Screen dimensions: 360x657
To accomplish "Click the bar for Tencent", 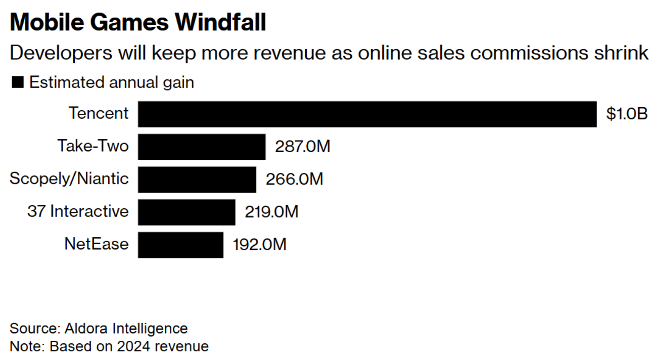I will click(367, 114).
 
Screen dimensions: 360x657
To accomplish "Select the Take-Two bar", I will click(202, 147).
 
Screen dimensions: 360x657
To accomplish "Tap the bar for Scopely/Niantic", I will click(197, 179).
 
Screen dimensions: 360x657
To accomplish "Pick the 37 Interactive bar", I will click(186, 212).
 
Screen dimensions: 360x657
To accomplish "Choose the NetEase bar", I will click(180, 245).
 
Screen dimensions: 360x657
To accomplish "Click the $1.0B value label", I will click(627, 114).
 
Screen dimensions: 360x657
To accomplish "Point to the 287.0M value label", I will click(302, 147).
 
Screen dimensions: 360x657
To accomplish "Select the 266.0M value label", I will click(294, 179).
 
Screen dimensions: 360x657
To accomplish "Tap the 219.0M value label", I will click(271, 212).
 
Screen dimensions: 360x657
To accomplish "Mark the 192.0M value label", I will click(259, 245).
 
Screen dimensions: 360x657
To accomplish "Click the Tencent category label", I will click(99, 113).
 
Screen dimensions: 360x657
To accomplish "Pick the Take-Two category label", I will click(93, 146).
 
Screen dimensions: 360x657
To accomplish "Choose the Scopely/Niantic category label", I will click(69, 178).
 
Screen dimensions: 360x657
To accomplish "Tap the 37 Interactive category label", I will click(78, 211).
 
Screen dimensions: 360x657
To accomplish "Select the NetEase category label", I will click(96, 244).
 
